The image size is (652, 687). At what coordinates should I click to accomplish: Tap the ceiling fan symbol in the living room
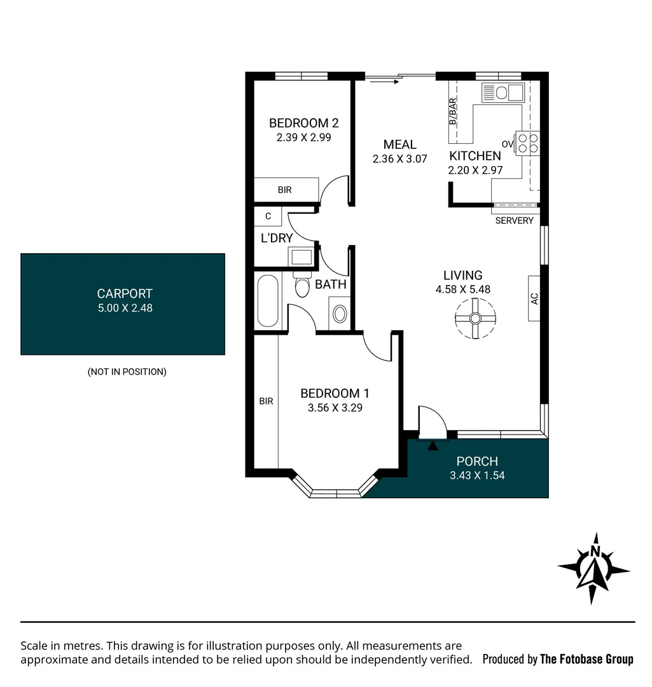click(475, 318)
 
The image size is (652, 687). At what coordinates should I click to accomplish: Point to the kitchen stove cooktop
click(527, 142)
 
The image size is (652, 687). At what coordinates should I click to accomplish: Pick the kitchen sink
click(503, 93)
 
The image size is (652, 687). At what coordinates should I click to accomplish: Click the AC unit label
click(534, 298)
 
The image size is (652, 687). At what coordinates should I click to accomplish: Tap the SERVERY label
click(514, 221)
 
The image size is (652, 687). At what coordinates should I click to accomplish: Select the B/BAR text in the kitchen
click(453, 111)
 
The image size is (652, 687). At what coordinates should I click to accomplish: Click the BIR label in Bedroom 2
click(285, 190)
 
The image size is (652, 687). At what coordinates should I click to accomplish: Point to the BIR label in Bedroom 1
click(266, 401)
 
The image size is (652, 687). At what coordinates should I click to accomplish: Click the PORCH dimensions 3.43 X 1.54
click(477, 475)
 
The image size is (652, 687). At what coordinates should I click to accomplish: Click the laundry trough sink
click(301, 256)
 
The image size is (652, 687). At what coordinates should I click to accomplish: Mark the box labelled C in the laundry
click(268, 216)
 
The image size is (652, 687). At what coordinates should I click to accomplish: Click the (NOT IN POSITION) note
click(127, 372)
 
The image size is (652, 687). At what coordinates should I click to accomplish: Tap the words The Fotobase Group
click(586, 659)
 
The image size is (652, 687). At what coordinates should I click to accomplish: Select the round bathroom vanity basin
click(340, 314)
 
